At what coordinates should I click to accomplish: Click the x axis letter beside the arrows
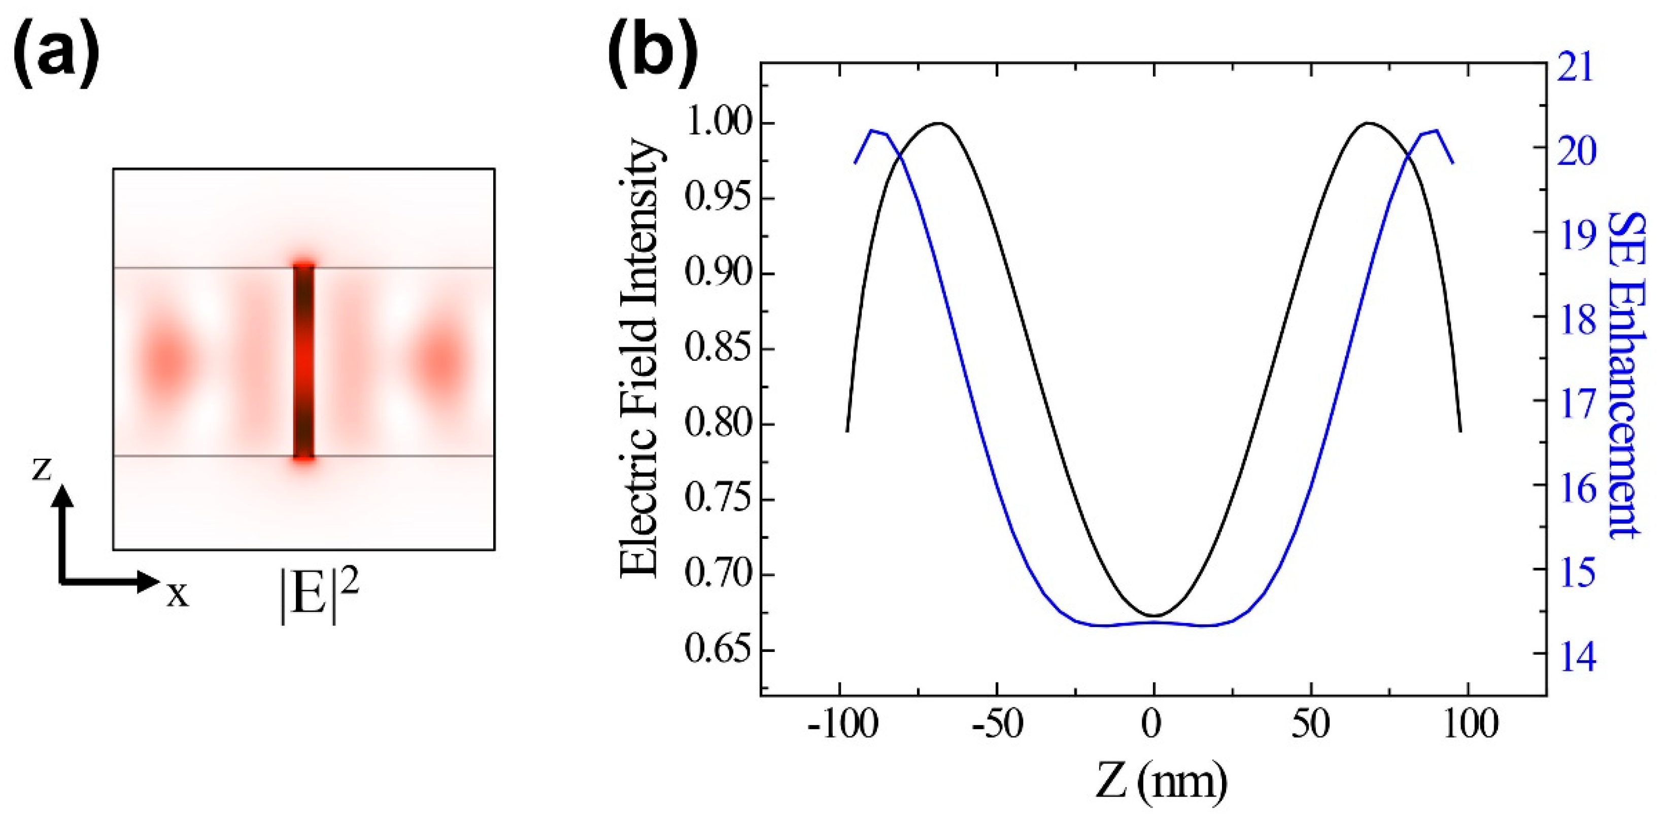(178, 594)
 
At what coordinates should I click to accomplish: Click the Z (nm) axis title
(1160, 783)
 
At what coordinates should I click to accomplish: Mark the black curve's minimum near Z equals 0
(1153, 615)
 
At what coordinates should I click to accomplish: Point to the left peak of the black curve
(939, 123)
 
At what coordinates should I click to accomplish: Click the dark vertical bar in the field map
(303, 362)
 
